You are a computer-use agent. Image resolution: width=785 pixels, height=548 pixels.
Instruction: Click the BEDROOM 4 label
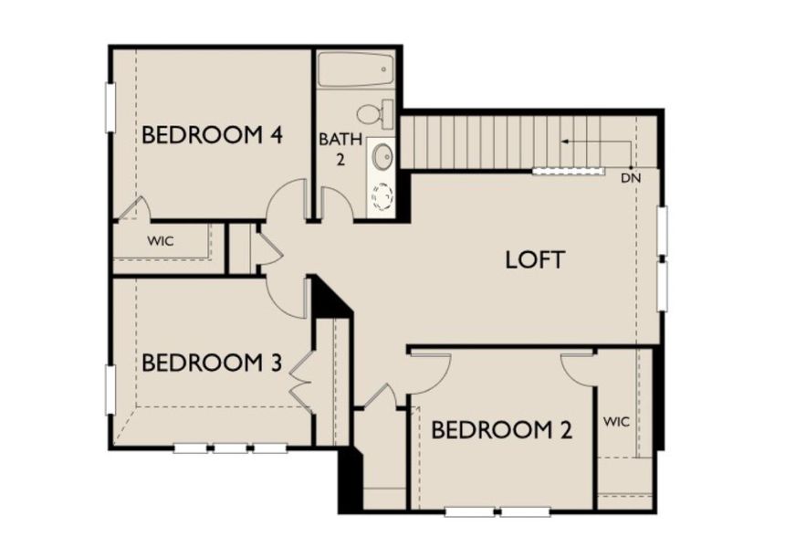(211, 135)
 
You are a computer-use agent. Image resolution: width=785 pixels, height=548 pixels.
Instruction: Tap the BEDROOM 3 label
(211, 363)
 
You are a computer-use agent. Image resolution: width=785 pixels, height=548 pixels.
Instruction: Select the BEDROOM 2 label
(501, 429)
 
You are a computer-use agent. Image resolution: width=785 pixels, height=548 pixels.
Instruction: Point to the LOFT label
(535, 259)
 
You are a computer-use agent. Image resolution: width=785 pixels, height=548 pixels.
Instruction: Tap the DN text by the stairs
(631, 177)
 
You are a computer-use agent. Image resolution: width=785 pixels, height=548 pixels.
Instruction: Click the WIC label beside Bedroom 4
(161, 242)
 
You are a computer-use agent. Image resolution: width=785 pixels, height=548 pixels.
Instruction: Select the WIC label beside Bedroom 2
(618, 422)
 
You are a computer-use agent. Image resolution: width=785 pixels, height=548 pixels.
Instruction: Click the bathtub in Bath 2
(356, 69)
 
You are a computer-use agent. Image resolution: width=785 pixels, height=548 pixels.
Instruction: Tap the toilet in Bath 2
(375, 114)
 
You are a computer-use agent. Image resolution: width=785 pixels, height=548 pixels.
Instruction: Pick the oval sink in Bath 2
(382, 155)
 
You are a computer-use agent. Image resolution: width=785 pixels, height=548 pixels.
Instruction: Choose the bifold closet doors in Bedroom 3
(302, 377)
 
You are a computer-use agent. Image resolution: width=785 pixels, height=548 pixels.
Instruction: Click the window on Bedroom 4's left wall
(110, 107)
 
